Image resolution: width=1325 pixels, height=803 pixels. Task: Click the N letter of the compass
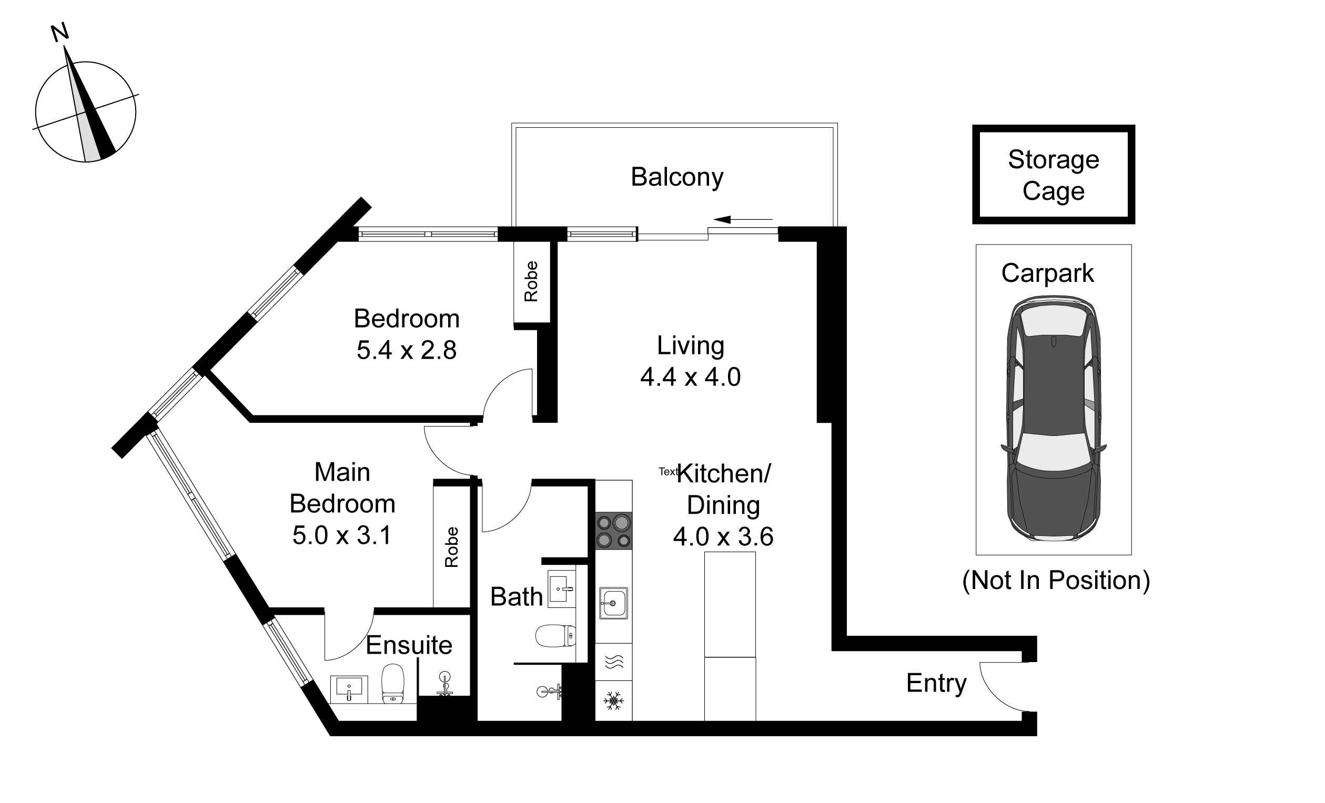click(x=59, y=32)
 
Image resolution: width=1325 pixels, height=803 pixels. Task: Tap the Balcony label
click(x=677, y=177)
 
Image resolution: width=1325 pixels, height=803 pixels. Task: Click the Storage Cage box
click(x=1054, y=174)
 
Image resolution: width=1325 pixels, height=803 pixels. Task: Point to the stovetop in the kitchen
click(x=613, y=531)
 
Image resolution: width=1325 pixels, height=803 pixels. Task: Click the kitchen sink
click(x=613, y=603)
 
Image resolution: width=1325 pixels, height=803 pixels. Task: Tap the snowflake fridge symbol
click(x=613, y=700)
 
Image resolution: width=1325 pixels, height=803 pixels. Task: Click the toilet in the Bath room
click(x=555, y=636)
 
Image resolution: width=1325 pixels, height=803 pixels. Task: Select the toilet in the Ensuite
click(x=392, y=683)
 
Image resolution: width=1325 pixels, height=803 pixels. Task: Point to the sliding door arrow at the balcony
click(x=743, y=219)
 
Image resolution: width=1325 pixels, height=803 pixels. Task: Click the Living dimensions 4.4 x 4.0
click(x=691, y=377)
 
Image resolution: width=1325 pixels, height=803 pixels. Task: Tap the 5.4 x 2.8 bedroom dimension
click(x=407, y=350)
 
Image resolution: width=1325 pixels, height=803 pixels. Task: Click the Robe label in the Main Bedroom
click(x=452, y=547)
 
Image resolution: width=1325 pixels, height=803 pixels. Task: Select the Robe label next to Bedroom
click(x=531, y=281)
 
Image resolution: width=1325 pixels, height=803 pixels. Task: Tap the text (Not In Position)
click(x=1056, y=581)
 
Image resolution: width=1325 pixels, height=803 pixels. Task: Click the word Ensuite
click(x=409, y=645)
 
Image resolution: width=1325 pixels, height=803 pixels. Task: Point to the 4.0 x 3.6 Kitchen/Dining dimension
click(x=723, y=536)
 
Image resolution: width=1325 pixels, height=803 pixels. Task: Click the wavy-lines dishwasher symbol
click(x=613, y=662)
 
